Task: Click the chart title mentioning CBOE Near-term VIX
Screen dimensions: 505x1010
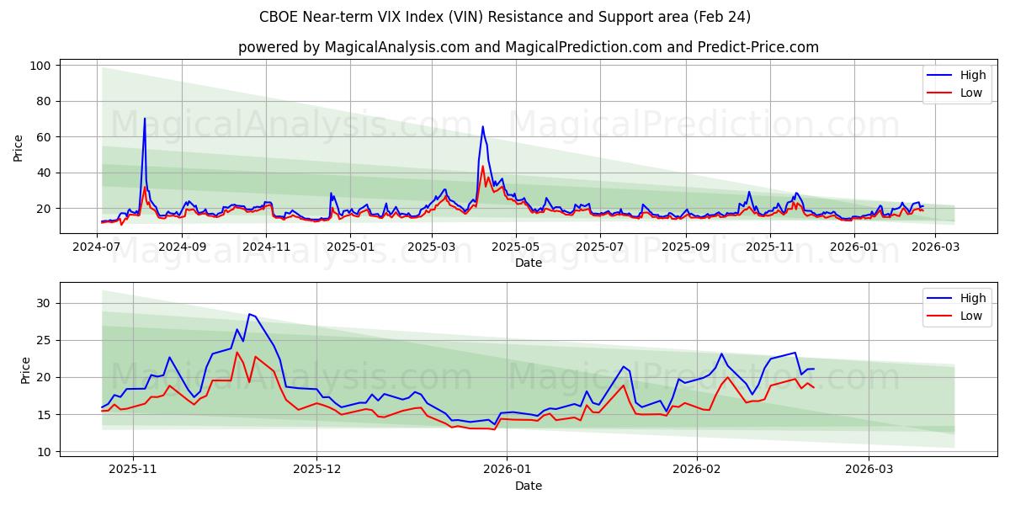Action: click(x=505, y=17)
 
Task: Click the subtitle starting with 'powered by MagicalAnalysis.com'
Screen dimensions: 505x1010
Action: click(x=528, y=47)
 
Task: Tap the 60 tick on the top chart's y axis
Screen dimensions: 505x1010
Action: click(x=43, y=137)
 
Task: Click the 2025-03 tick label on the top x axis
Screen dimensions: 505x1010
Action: click(x=432, y=247)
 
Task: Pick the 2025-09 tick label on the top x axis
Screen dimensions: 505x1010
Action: click(x=685, y=247)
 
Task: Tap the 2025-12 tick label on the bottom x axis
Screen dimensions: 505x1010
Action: click(x=317, y=470)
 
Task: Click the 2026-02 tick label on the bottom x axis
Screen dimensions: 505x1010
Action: click(x=698, y=470)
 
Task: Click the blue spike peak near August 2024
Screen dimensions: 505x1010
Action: click(x=145, y=119)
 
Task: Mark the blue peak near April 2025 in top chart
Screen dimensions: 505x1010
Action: click(x=482, y=127)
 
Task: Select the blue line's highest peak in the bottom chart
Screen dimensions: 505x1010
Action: click(x=248, y=314)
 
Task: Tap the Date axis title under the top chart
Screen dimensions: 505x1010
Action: click(x=528, y=263)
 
